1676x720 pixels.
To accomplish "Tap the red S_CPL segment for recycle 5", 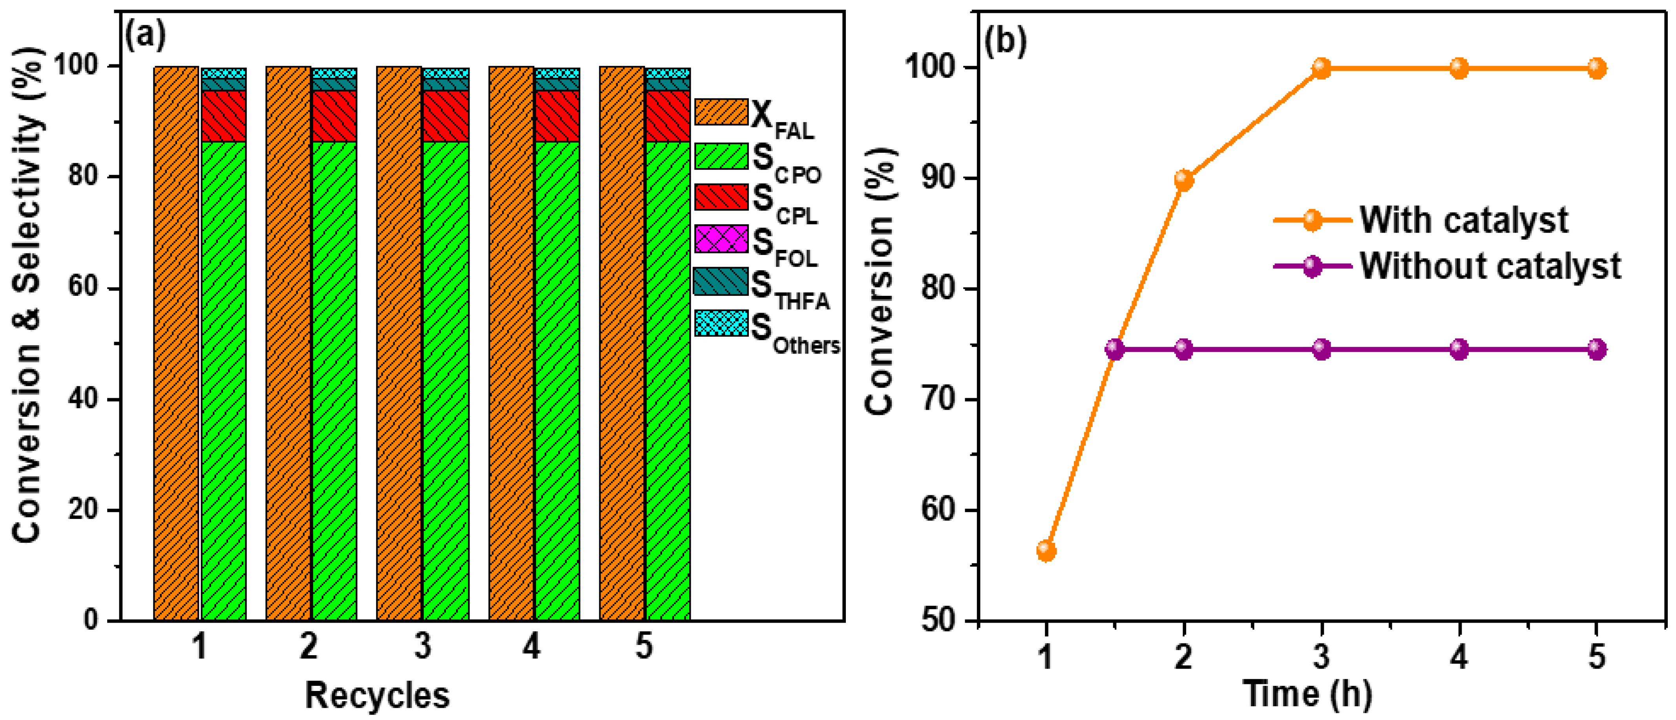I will tap(668, 116).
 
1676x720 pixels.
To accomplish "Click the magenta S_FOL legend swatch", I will tap(721, 238).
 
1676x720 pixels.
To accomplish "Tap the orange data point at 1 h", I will tap(1046, 551).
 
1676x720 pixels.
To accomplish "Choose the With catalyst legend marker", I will tap(1312, 220).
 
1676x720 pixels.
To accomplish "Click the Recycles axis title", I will tap(377, 695).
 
